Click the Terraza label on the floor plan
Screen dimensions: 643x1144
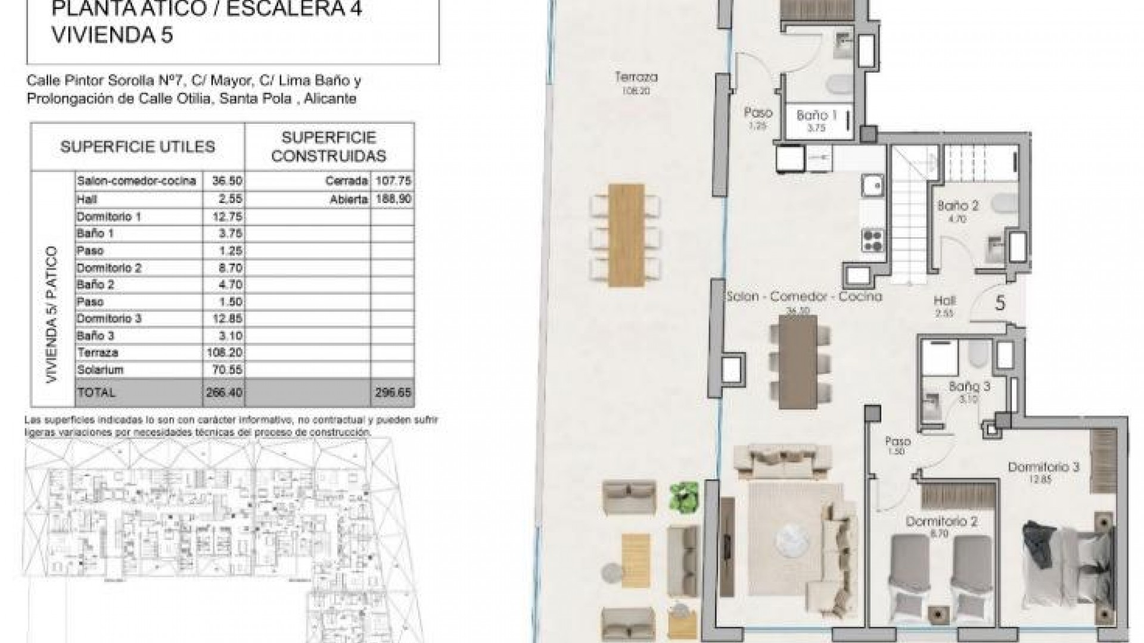pos(636,77)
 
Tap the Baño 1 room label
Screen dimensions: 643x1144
pos(816,115)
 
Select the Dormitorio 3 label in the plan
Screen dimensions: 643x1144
pos(1043,467)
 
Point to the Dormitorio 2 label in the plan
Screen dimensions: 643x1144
pos(941,522)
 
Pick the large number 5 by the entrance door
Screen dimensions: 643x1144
pos(1000,303)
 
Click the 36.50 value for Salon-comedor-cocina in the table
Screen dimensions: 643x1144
pos(223,181)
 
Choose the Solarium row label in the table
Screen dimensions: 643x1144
pos(100,370)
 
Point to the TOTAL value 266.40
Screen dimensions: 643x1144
pos(223,393)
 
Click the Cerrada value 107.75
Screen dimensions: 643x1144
pos(393,181)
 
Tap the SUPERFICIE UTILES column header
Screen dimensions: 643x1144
pos(138,146)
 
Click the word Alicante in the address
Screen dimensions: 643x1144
pos(329,99)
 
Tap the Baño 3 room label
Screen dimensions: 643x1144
pos(969,386)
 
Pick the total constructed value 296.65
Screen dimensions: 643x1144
pos(393,393)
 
